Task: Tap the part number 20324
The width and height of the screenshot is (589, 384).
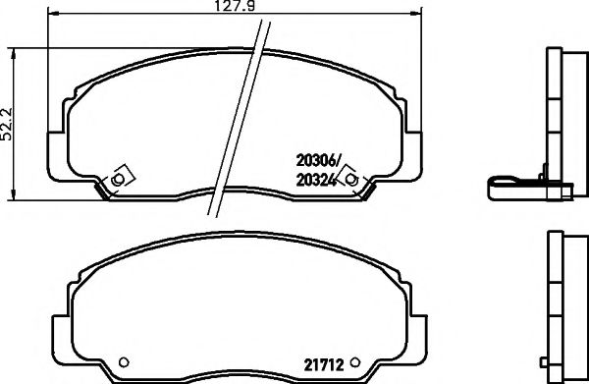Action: tap(315, 180)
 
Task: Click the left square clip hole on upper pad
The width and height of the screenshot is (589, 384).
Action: tap(119, 179)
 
